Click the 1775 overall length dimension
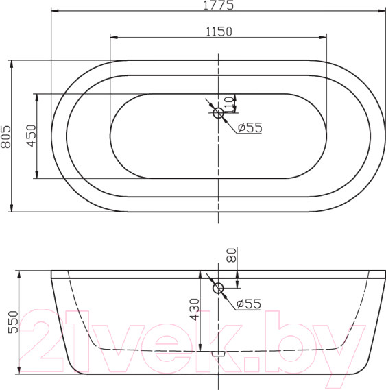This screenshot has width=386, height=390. coord(219,5)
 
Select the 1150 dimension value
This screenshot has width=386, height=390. coord(219,32)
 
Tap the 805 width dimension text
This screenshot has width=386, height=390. coord(6,136)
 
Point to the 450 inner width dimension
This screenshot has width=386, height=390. coord(32,136)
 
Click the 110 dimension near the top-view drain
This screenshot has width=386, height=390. coord(228,104)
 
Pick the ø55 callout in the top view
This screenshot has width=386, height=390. coord(250,127)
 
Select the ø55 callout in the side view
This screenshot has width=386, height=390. coord(249,304)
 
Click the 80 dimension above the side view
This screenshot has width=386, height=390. coord(231,255)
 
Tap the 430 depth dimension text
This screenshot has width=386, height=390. coord(195,309)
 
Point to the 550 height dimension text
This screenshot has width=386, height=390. coord(14,322)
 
